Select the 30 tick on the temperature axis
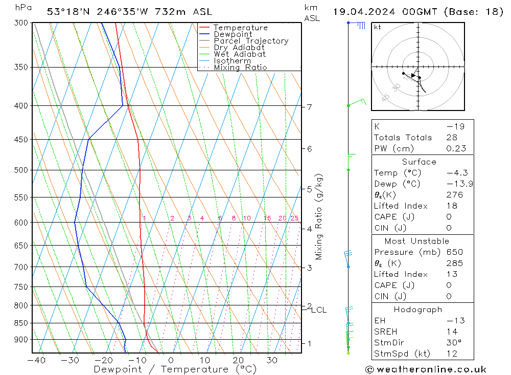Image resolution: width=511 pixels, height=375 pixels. (272, 360)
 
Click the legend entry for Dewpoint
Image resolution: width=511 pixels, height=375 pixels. (233, 34)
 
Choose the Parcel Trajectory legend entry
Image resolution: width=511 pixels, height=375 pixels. (251, 41)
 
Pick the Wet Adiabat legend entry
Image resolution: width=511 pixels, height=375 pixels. (240, 54)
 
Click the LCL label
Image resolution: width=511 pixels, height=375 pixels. (319, 310)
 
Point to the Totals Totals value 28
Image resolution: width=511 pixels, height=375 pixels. (452, 138)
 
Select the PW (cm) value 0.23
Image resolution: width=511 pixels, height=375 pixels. (456, 148)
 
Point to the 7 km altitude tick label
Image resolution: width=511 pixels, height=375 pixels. (309, 107)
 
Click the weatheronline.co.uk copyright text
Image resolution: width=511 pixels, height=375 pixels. (426, 369)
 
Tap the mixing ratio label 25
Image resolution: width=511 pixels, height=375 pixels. (294, 218)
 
